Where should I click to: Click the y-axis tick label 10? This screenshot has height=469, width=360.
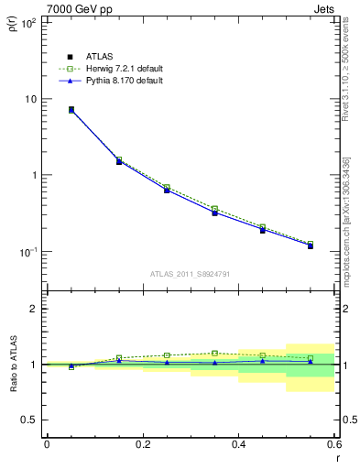coord(30,99)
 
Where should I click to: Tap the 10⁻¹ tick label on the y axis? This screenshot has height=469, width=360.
coord(27,251)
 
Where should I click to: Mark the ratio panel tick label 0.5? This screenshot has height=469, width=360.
coord(30,420)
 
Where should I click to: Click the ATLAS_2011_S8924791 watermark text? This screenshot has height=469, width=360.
coord(190,272)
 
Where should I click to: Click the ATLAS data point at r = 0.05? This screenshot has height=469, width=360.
coord(71,109)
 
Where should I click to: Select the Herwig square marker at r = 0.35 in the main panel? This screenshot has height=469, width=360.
coord(214,209)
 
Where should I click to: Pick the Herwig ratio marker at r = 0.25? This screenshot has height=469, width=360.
coord(167,355)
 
